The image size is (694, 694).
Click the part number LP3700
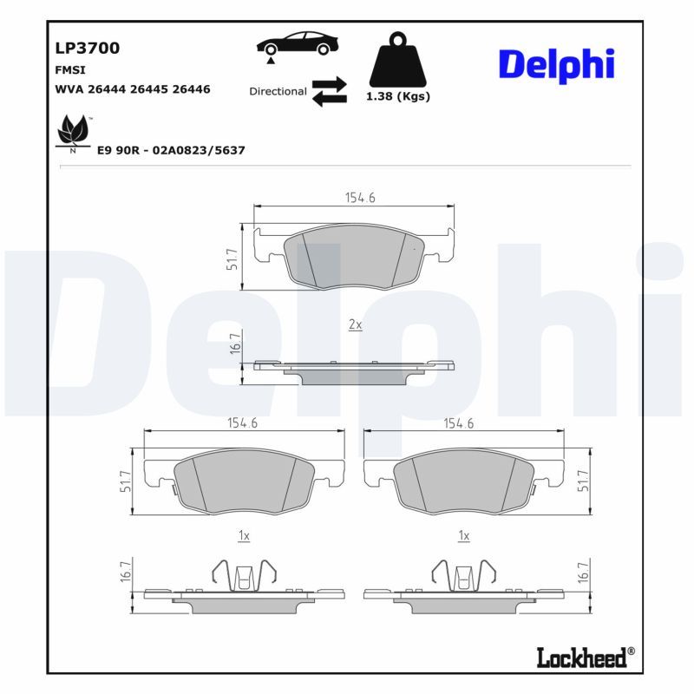(x=87, y=49)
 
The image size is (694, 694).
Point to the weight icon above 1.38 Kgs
(x=398, y=60)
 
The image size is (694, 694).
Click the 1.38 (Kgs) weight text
(x=398, y=96)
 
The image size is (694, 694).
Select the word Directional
(x=278, y=91)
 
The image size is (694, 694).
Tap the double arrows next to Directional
(x=329, y=91)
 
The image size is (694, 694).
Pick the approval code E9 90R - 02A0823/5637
(x=171, y=150)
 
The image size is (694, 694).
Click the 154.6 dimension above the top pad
(x=359, y=198)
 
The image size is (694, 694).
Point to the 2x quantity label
(x=354, y=324)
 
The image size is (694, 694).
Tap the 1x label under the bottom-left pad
(x=244, y=537)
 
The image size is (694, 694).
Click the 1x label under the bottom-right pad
(x=463, y=537)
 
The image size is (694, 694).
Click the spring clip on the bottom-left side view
(x=244, y=573)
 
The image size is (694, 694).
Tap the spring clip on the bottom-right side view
(x=463, y=573)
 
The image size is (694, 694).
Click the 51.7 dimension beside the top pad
(x=232, y=259)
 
